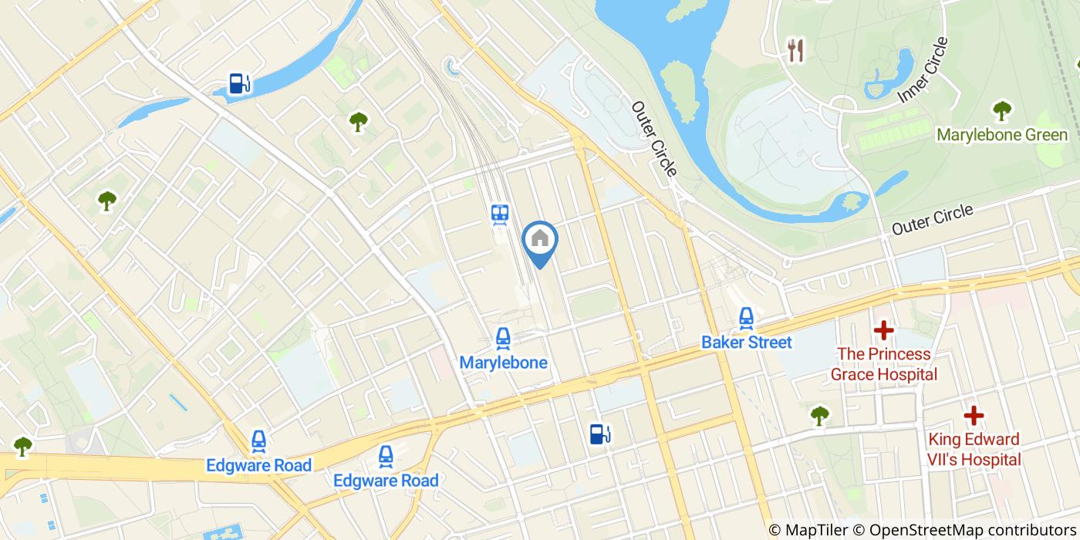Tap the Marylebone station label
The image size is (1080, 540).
[503, 363]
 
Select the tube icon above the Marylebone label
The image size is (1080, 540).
[503, 337]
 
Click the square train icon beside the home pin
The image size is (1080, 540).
[500, 214]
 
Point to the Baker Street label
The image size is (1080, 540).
[747, 342]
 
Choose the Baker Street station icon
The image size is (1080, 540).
[746, 317]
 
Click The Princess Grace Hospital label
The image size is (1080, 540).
[883, 364]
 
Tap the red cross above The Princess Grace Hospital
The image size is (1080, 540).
[883, 331]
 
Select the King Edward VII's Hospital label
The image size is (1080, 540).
[974, 450]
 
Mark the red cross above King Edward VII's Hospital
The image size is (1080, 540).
[974, 416]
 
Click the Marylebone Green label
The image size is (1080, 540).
[1002, 135]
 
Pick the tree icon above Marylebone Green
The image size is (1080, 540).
[1002, 110]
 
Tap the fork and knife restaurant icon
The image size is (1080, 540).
[795, 51]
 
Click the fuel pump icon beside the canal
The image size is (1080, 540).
[239, 83]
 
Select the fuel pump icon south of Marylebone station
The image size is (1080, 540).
[599, 434]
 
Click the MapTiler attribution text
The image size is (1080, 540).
[808, 530]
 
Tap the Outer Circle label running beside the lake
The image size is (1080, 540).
[654, 138]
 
